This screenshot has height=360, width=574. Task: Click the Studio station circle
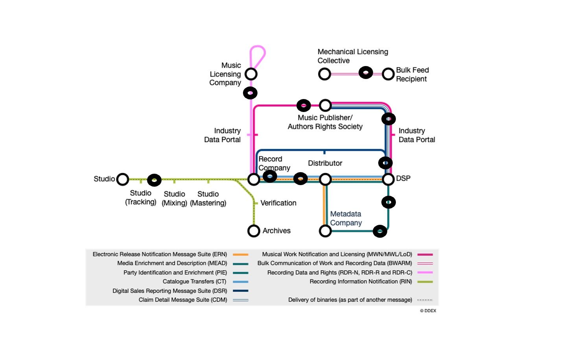(123, 179)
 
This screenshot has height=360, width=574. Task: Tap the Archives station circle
(254, 231)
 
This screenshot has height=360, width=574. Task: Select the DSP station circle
(388, 179)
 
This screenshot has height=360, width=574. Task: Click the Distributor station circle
(325, 179)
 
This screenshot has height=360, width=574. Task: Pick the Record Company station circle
(254, 179)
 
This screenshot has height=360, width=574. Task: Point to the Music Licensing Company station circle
(251, 74)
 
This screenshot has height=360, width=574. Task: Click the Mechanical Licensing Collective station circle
(324, 74)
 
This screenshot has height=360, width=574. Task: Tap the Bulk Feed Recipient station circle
(388, 74)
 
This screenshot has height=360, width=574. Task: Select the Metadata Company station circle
(325, 231)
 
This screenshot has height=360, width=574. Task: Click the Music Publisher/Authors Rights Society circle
(325, 105)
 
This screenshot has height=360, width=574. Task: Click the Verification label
(278, 203)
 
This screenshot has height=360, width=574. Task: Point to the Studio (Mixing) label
(174, 198)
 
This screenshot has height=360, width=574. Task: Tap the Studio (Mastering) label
(208, 198)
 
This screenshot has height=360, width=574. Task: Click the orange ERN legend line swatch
(240, 255)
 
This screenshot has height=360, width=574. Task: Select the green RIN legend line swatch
(425, 282)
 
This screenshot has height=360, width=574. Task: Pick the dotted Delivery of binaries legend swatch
(425, 300)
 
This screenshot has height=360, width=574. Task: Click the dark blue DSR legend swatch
(240, 291)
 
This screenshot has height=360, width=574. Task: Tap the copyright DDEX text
(428, 310)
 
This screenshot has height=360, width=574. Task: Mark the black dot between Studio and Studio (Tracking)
(154, 180)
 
